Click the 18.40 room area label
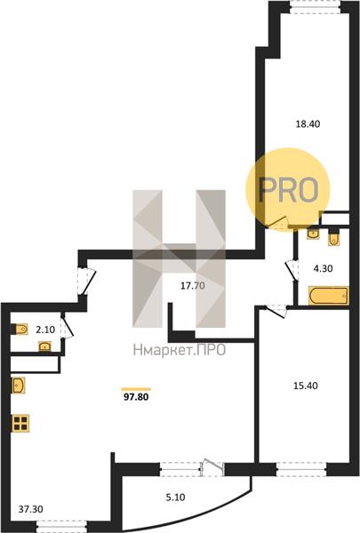coord(308,124)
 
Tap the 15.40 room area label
coord(305,386)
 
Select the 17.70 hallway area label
coord(193,286)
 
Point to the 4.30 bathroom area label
coord(323,268)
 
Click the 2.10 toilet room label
coord(45,330)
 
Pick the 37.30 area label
coord(30,509)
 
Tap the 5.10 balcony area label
coord(175,497)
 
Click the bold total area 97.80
coord(136,397)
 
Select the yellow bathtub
coord(328,296)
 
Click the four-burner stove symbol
coord(20,423)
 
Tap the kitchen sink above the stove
coord(18,386)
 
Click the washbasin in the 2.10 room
coord(45,346)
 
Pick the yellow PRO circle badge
coord(288,189)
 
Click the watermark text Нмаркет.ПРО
coord(180,350)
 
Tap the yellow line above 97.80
coord(136,389)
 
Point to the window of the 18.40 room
coord(315,7)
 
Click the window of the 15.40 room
coord(301,469)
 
